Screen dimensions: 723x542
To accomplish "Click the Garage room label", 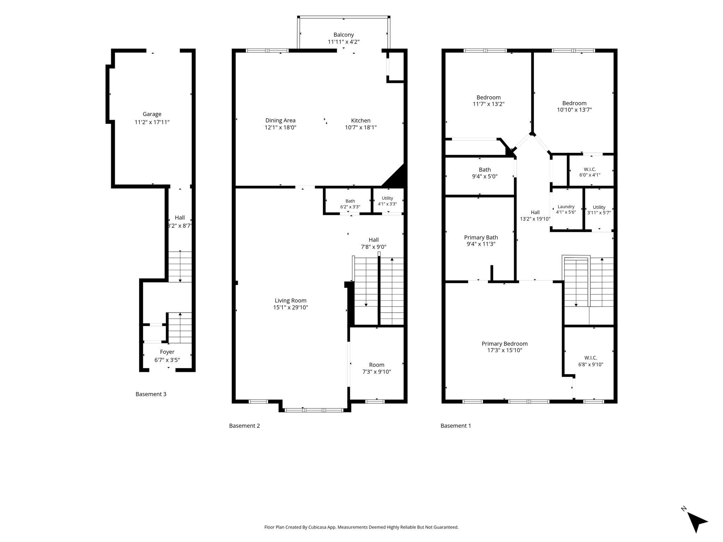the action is pyautogui.click(x=152, y=114).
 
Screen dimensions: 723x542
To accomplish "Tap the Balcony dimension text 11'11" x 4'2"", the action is pyautogui.click(x=343, y=42).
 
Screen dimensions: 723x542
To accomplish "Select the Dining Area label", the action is pyautogui.click(x=280, y=121).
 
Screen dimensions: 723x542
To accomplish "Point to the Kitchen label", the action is pyautogui.click(x=361, y=121).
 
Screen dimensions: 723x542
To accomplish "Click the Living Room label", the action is pyautogui.click(x=291, y=301).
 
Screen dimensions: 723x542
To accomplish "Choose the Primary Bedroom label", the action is pyautogui.click(x=504, y=344).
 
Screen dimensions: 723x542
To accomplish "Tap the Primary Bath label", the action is pyautogui.click(x=481, y=237).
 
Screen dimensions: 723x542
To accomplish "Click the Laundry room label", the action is pyautogui.click(x=566, y=207).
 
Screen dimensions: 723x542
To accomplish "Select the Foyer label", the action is pyautogui.click(x=167, y=352).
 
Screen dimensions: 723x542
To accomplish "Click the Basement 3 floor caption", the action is pyautogui.click(x=151, y=394).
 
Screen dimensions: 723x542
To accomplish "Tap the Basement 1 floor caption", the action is pyautogui.click(x=456, y=426).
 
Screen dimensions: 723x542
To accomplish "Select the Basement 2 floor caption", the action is pyautogui.click(x=244, y=426).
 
